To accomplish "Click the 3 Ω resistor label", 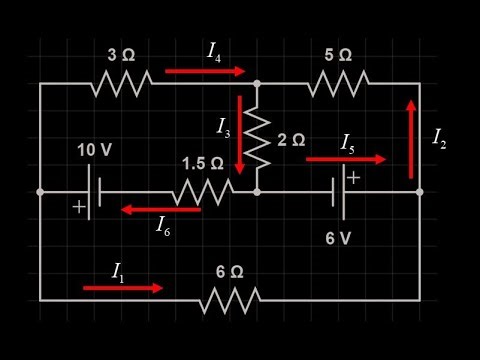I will [120, 55].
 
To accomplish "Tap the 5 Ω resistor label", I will [338, 54].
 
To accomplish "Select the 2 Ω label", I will [291, 140].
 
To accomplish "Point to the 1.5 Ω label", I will [201, 163].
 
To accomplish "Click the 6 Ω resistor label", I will [229, 271].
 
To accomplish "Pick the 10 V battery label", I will [94, 150].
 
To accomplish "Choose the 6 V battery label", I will [339, 239].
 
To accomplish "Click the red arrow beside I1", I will [122, 288].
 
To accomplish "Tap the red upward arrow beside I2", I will [410, 138].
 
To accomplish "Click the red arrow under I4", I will [204, 71].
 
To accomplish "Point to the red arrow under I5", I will [345, 159].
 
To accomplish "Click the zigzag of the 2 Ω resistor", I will [257, 140].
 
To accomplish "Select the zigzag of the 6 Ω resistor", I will [229, 299].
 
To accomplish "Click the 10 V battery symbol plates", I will [92, 191].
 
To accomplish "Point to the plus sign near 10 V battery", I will [78, 206].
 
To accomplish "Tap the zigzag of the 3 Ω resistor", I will [120, 83].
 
